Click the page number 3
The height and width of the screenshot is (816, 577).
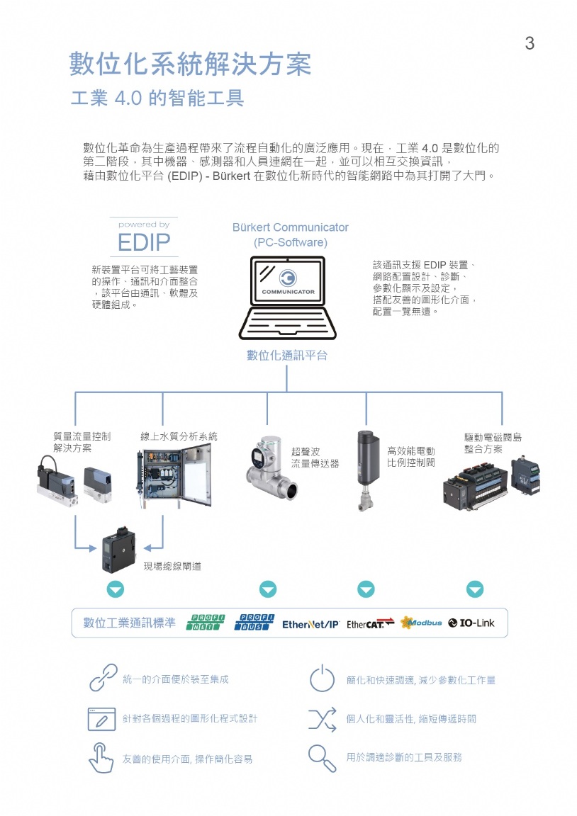[530, 44]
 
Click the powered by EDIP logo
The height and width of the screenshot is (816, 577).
[144, 237]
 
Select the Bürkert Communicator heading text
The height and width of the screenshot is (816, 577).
[291, 227]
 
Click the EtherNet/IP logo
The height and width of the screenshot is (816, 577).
[310, 624]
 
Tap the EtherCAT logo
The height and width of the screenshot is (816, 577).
[370, 623]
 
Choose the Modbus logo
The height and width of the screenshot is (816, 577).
[421, 623]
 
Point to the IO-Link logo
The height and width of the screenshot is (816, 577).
[471, 623]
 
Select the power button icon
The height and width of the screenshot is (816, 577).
[322, 679]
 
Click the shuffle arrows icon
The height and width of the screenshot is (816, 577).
[322, 718]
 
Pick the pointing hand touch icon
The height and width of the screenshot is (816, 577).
[101, 757]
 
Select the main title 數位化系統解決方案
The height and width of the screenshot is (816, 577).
[190, 64]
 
